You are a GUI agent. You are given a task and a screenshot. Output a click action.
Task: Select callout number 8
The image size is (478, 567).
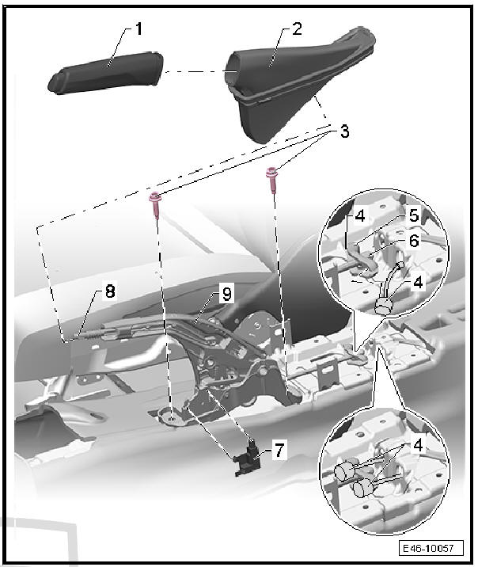click(110, 291)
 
